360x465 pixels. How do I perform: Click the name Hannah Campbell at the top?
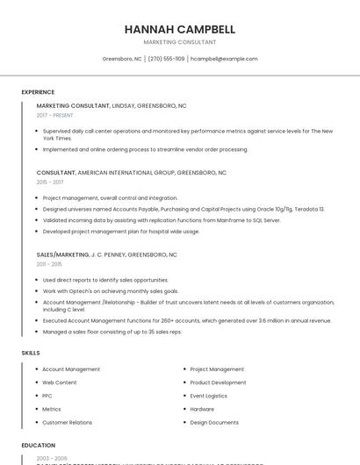179,29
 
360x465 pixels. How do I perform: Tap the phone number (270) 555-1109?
166,59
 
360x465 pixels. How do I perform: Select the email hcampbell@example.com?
224,59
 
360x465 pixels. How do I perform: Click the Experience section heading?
38,92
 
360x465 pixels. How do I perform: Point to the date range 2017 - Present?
55,115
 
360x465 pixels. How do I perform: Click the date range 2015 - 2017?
50,182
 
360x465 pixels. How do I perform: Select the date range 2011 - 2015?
49,263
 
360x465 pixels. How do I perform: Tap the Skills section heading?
31,353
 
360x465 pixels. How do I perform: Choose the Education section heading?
39,445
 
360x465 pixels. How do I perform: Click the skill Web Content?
60,383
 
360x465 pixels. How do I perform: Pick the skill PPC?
47,396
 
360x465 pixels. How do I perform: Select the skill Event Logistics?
209,396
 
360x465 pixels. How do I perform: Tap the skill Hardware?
202,409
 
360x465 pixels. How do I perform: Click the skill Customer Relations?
67,422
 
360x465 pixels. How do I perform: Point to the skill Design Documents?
214,422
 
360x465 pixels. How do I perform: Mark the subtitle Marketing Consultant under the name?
179,42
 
